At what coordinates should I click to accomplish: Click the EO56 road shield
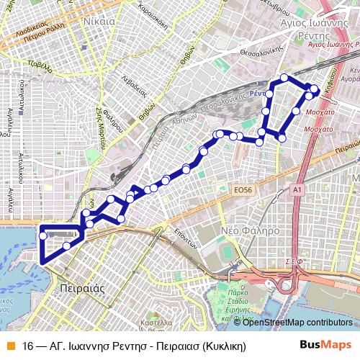[x=243, y=189]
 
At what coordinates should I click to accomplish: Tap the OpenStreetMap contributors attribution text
[x=297, y=322]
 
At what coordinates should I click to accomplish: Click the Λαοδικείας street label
[x=27, y=32]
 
